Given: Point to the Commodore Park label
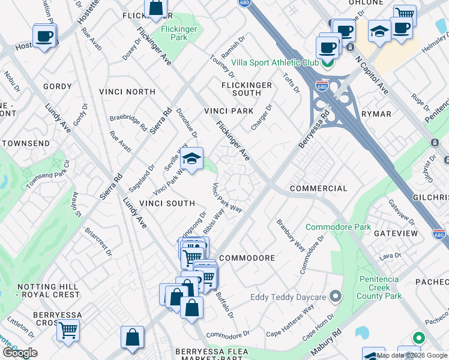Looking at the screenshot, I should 338,227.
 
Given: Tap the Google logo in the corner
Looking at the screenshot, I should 20,352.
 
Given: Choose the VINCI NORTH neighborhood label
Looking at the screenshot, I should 127,92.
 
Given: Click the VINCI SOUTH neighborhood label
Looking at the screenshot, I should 167,203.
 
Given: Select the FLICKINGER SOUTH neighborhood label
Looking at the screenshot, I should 246,89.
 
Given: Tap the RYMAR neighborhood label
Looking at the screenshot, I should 376,114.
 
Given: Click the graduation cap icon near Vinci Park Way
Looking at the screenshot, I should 191,159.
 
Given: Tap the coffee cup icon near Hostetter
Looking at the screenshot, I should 44,37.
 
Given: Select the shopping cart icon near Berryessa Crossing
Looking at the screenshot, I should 68,329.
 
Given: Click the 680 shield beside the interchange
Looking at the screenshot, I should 322,86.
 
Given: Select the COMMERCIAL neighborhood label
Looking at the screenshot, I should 318,188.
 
